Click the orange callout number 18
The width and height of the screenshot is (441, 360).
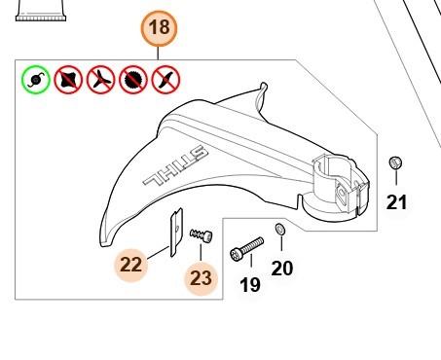pos(159,28)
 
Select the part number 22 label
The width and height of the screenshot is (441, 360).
pos(131,265)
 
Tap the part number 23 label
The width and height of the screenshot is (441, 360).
pos(201,278)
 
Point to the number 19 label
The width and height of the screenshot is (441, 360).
pos(250,285)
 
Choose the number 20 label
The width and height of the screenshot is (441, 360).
pos(282,268)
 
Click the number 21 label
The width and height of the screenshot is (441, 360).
pos(396,202)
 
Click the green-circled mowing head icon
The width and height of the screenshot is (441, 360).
pos(36,80)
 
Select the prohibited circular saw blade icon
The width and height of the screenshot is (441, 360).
pos(133,80)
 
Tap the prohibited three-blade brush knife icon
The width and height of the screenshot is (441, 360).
pos(100,80)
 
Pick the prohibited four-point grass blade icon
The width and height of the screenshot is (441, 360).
pos(68,80)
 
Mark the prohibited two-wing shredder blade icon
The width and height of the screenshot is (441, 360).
pos(165,80)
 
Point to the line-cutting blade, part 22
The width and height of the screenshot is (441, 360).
pos(176,233)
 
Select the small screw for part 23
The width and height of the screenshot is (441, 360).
pos(202,235)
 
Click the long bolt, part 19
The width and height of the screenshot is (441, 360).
pos(246,248)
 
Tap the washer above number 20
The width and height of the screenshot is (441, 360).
pos(280,229)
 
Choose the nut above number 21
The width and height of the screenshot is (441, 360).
pos(395,162)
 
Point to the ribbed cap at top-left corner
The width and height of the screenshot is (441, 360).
pos(41,11)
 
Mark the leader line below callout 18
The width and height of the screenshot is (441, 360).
pos(158,53)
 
